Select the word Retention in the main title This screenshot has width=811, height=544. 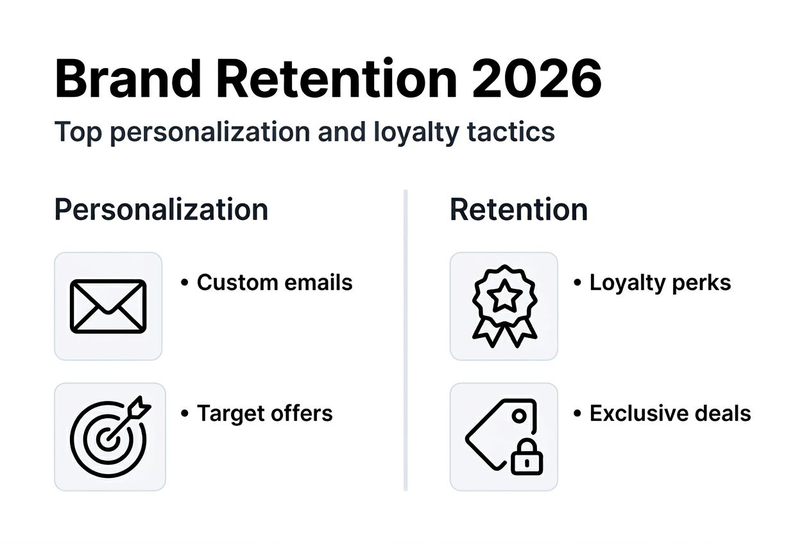pos(336,78)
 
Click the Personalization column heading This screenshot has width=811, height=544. pos(161,210)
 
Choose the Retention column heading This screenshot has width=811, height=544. pos(518,210)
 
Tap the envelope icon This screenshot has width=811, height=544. pos(108,306)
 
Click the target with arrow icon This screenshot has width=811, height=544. pos(110,436)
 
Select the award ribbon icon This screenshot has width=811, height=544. pos(504,306)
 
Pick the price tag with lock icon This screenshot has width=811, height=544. pos(504,436)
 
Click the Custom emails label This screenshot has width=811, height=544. pos(275,282)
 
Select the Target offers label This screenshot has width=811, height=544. pos(264,413)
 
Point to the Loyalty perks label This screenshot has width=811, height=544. pos(660,282)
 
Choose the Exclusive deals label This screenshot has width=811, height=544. pos(670,413)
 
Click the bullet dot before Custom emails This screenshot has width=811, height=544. pos(185,283)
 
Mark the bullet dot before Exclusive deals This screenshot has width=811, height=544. pos(577,414)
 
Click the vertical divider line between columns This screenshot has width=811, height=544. pos(405,340)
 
